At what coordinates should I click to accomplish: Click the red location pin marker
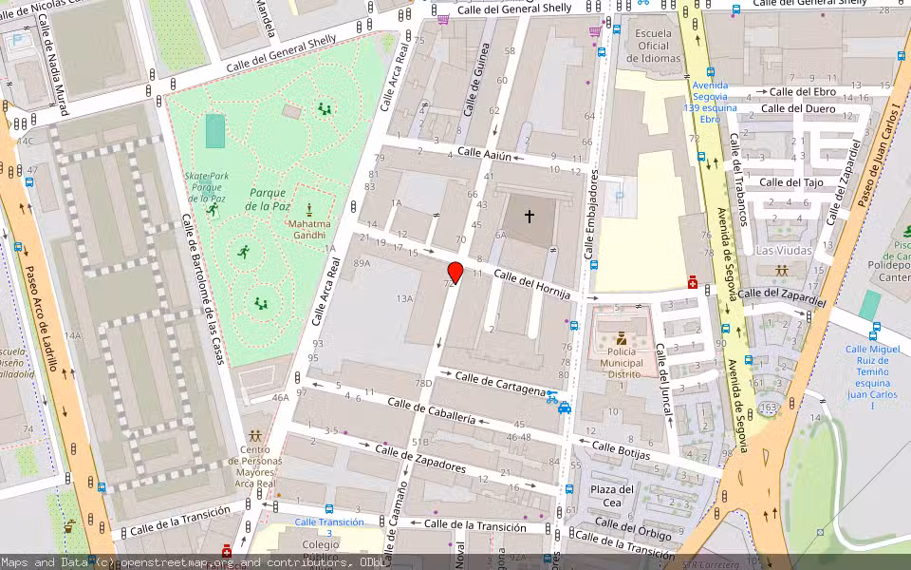click(455, 273)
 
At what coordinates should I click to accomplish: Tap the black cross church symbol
click(529, 217)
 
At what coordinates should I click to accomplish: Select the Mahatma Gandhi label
click(309, 225)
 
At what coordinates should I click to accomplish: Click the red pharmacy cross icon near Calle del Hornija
click(694, 283)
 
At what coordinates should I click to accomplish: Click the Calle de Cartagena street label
click(500, 383)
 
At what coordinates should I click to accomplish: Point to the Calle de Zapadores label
click(420, 460)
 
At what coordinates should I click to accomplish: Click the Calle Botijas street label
click(621, 449)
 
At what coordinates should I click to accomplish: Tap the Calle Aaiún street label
click(485, 153)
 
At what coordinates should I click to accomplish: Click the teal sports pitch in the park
click(215, 131)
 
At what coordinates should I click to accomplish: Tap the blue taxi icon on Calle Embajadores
click(565, 408)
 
